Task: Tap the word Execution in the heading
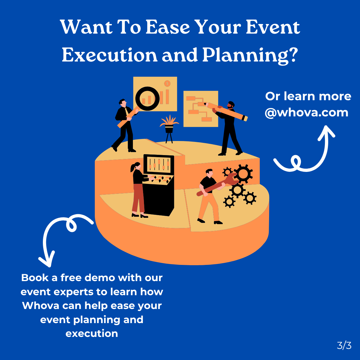coord(109,55)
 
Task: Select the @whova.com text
coord(307,112)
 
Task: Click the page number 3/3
coord(344,346)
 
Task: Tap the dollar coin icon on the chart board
coord(167,83)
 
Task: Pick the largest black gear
coord(243,174)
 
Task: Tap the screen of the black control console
coord(159,165)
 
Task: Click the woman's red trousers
coord(138,198)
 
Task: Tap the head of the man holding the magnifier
coord(122,102)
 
